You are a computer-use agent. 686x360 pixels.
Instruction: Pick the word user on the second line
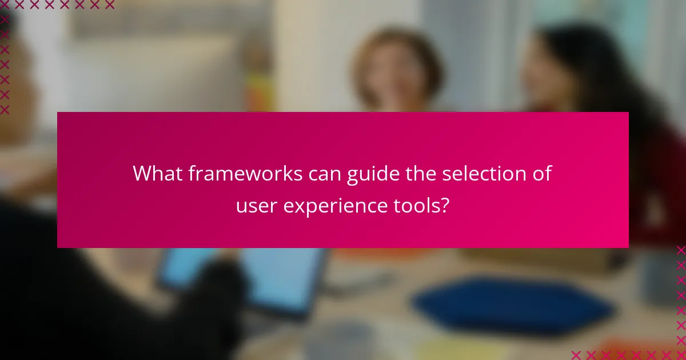click(255, 206)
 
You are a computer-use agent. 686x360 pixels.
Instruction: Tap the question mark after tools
click(444, 206)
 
